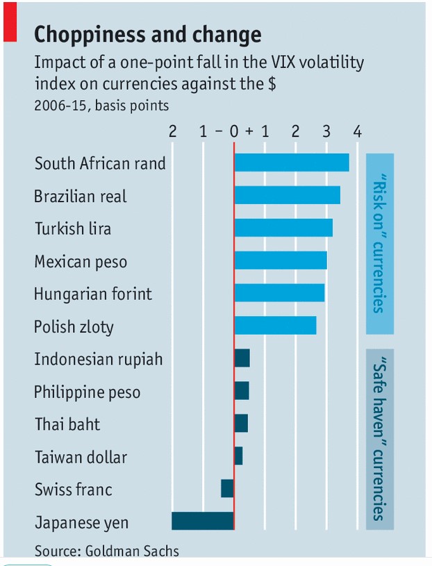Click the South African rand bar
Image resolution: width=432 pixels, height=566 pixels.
point(292,163)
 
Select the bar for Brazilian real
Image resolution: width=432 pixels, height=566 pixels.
point(287,195)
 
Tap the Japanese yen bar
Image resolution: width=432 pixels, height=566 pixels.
point(203,522)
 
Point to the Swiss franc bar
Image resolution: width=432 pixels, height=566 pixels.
point(227,488)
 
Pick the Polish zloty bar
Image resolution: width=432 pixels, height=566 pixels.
point(275,326)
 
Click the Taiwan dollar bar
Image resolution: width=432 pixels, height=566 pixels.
point(238,456)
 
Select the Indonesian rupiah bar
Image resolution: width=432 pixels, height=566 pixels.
point(242,358)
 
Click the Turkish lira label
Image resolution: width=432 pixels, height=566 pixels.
point(73,228)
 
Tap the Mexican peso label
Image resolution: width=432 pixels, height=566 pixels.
point(81,262)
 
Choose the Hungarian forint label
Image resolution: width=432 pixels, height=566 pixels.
point(93,294)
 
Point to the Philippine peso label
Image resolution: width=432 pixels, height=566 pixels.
point(87,392)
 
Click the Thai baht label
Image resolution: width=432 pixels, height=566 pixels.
point(67,424)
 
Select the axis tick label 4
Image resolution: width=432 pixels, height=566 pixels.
point(357,131)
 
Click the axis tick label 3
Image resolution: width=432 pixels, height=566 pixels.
point(326,131)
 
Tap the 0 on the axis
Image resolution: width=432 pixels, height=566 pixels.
point(234,131)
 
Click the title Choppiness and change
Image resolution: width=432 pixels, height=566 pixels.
point(148,35)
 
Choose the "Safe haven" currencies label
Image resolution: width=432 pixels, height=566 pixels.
point(379,440)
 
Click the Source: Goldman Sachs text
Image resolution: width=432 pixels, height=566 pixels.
point(107,551)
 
